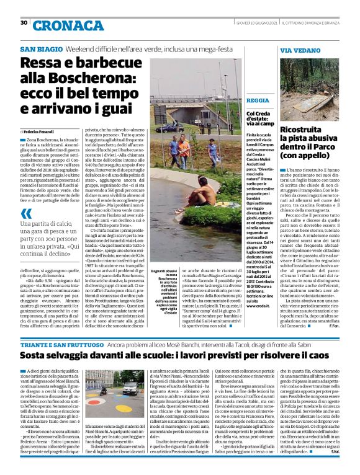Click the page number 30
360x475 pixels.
pyautogui.click(x=24, y=23)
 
